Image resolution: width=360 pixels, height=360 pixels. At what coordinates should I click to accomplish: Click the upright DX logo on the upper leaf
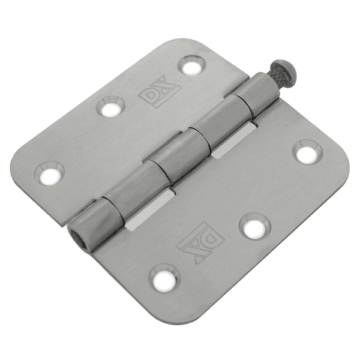tap(160, 91)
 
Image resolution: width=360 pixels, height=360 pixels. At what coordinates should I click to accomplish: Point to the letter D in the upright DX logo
tap(150, 97)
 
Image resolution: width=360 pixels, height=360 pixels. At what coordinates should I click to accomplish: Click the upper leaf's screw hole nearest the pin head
tap(191, 65)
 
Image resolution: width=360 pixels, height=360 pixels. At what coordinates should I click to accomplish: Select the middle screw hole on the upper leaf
tap(110, 107)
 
